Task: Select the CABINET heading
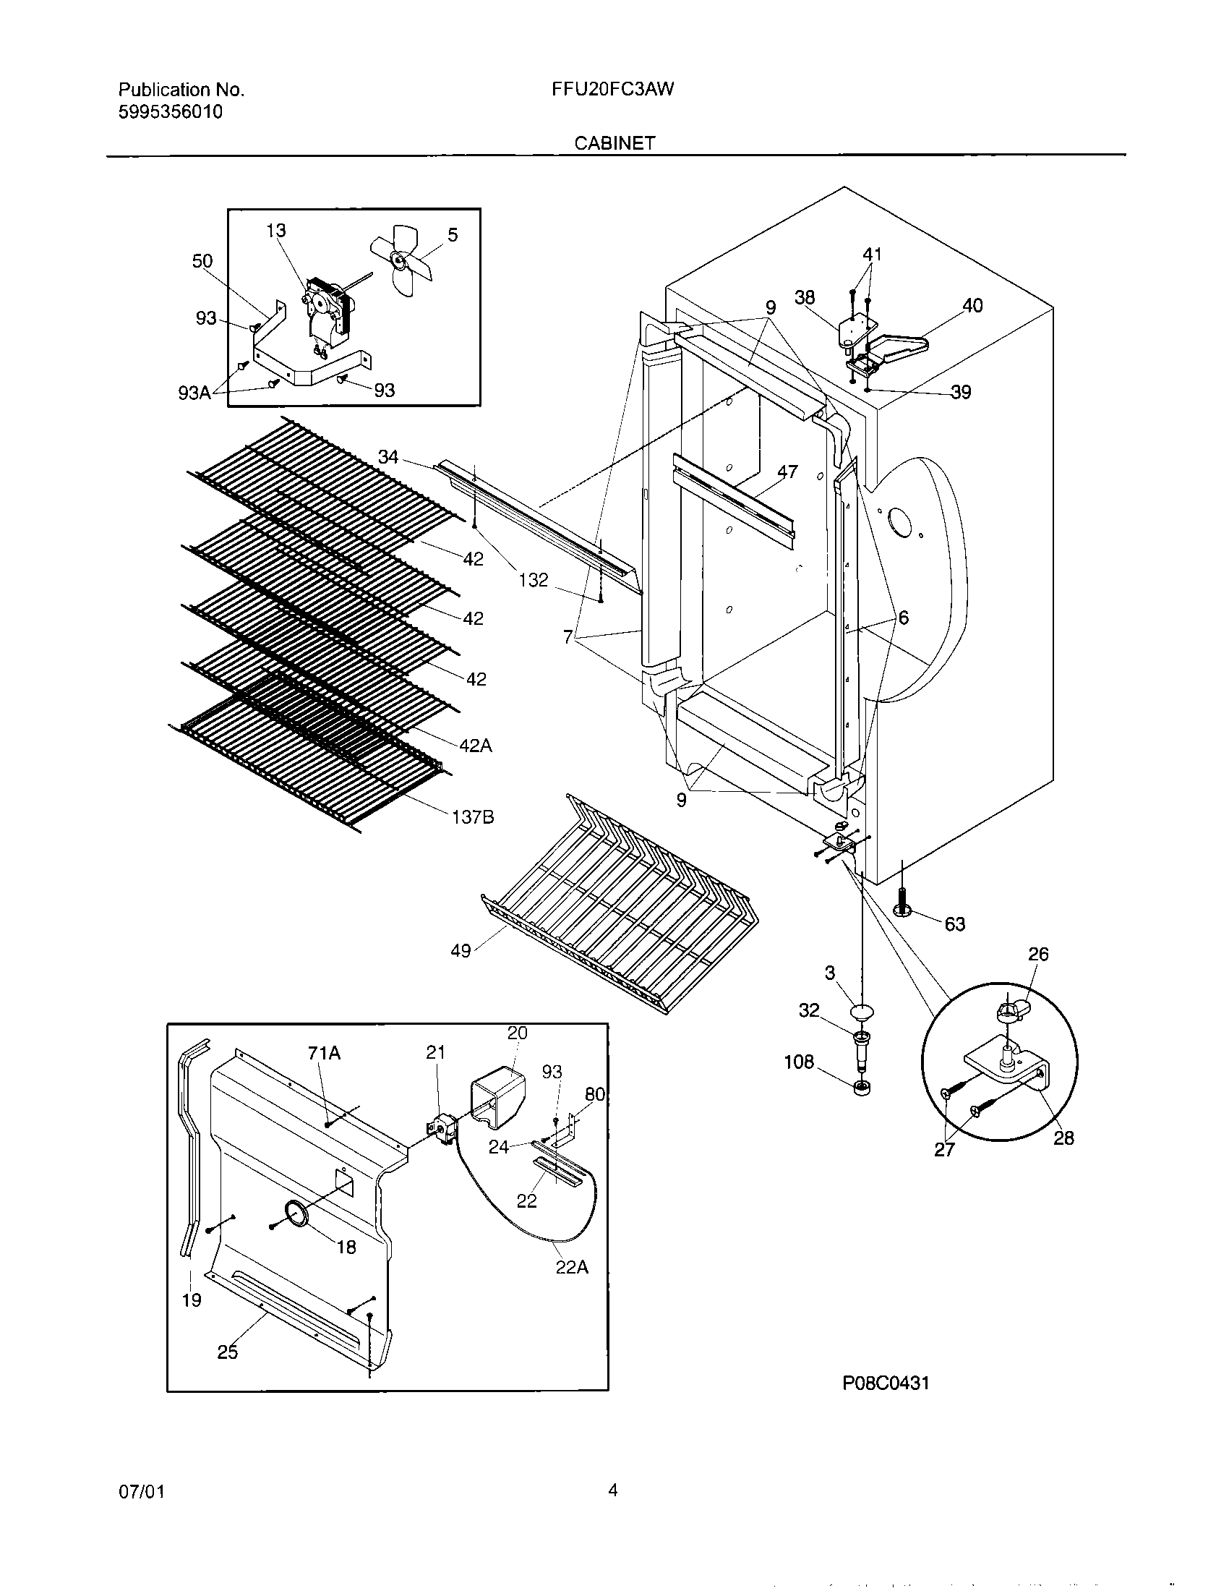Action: click(x=614, y=143)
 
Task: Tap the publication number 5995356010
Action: click(x=171, y=112)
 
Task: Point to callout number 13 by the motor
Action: click(x=276, y=231)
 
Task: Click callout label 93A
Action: click(x=194, y=393)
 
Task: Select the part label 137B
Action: click(x=473, y=817)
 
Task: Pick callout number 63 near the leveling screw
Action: click(x=954, y=924)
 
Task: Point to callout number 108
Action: click(x=799, y=1062)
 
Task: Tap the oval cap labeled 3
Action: click(x=860, y=1012)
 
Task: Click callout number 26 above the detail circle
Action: click(x=1038, y=955)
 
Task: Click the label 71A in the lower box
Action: click(x=324, y=1054)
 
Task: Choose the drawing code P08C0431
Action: click(x=886, y=1383)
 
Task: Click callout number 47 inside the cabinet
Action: click(x=787, y=472)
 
